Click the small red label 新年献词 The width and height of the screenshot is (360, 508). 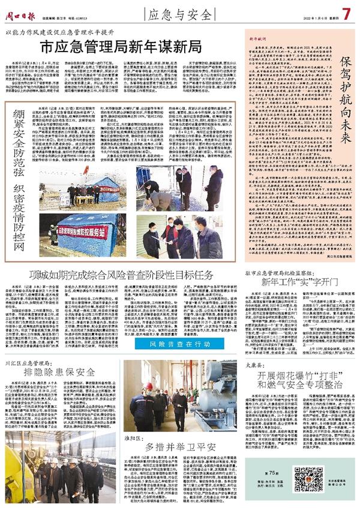coord(241,38)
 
